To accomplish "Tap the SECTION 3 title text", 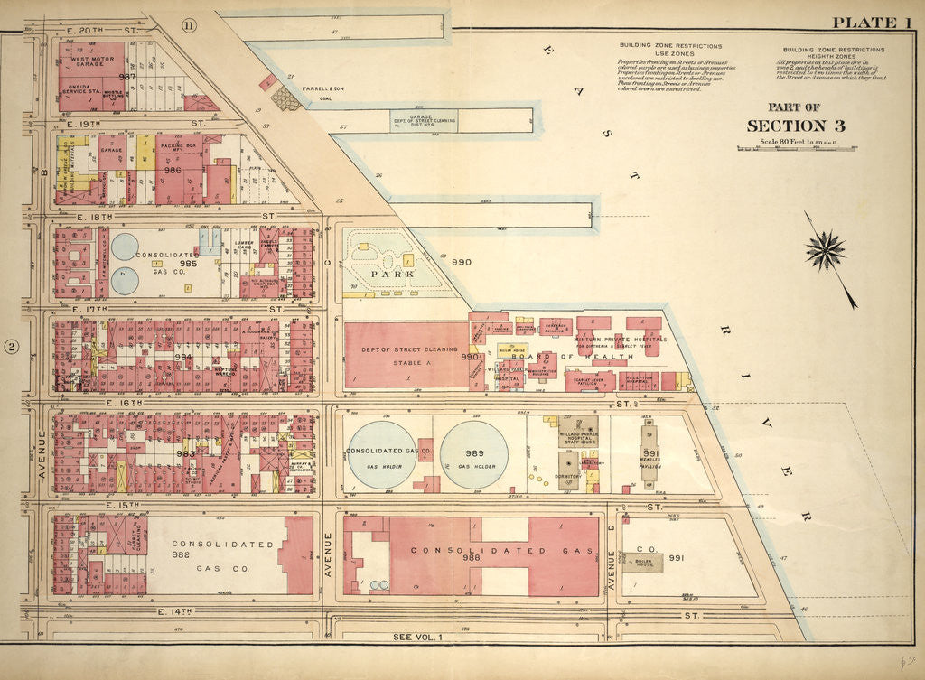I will (x=786, y=126).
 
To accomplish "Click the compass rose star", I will (x=825, y=249).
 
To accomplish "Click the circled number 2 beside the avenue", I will (x=12, y=346).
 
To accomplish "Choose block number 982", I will (x=182, y=554).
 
